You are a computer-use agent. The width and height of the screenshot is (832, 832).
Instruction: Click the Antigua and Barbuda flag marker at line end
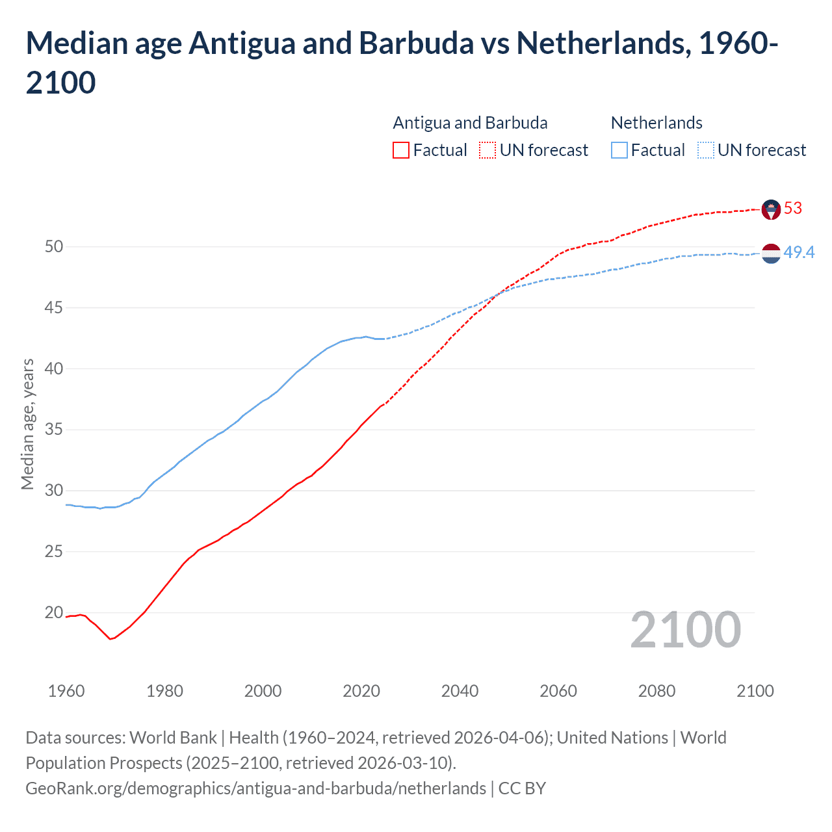click(771, 209)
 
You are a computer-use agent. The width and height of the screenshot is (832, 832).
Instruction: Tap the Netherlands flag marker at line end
click(771, 253)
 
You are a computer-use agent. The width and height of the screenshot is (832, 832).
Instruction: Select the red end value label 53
click(793, 208)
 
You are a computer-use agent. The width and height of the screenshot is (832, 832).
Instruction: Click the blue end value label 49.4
click(799, 252)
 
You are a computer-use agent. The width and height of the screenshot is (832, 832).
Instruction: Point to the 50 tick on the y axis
click(54, 246)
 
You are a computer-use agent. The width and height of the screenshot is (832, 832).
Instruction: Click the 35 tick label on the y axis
click(54, 430)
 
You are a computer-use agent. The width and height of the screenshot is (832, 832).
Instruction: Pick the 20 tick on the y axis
click(54, 612)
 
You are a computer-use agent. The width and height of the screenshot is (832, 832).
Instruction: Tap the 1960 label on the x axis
click(66, 691)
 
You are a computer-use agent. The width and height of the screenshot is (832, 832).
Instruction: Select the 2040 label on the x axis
click(460, 691)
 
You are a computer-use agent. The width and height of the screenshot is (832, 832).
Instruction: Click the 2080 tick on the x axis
click(656, 691)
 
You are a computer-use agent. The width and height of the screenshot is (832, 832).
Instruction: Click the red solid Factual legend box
click(401, 150)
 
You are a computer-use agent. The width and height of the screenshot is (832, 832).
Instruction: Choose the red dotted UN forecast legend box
click(487, 150)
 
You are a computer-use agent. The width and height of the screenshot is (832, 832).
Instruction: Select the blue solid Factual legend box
click(619, 150)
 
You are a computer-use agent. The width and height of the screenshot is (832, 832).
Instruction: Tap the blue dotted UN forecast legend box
click(706, 150)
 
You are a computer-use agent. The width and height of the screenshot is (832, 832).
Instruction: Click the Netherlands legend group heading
click(656, 123)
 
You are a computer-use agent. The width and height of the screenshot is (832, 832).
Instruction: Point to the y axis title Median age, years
click(27, 424)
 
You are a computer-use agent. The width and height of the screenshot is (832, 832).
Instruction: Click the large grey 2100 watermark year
click(685, 630)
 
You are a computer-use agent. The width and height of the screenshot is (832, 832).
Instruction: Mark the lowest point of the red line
click(110, 639)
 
